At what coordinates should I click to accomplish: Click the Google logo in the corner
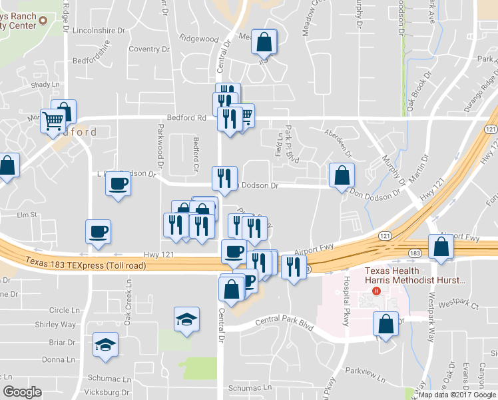(22, 392)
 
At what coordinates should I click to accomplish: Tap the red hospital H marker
(377, 291)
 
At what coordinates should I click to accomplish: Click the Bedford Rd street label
(188, 118)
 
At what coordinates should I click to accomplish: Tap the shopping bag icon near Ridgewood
(264, 42)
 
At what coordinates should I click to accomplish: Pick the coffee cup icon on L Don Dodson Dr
(119, 183)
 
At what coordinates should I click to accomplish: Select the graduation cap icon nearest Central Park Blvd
(186, 319)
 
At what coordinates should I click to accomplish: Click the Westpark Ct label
(462, 306)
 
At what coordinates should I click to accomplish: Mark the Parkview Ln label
(365, 378)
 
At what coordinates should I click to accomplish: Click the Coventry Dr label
(148, 49)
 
